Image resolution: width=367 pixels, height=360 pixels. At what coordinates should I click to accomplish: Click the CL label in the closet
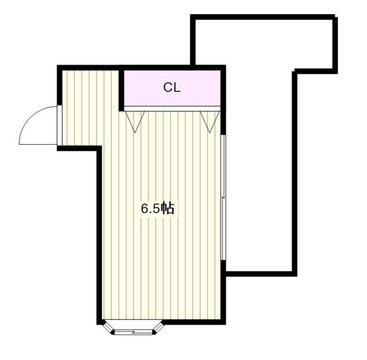172,88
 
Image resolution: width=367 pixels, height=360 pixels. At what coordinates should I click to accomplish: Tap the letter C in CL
168,88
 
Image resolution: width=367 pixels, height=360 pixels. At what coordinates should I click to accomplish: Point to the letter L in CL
177,88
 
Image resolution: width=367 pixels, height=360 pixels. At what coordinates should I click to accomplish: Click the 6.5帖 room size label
157,208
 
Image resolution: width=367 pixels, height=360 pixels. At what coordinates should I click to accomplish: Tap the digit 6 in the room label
144,209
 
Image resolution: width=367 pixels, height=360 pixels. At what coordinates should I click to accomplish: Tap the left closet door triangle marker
135,120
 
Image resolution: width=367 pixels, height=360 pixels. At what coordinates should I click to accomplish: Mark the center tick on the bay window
133,331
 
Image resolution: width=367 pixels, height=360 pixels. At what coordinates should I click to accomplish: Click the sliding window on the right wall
223,197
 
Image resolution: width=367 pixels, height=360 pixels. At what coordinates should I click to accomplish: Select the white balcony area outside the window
259,171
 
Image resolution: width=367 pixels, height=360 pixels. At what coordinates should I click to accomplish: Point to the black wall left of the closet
121,88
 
